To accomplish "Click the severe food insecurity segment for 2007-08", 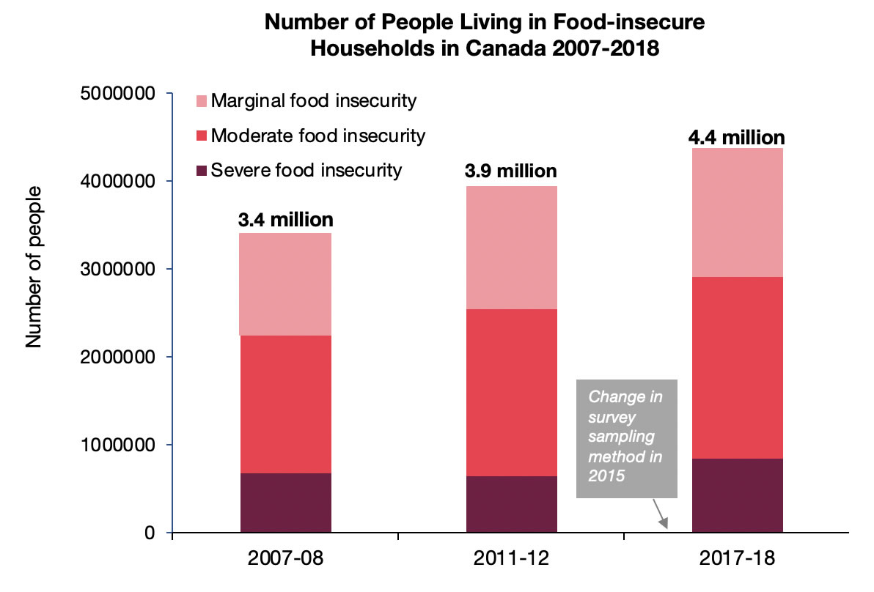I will click(x=285, y=503).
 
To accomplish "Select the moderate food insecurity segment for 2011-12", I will click(x=511, y=393).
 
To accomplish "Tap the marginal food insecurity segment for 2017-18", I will click(x=737, y=212).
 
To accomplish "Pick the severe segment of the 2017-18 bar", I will click(x=737, y=495).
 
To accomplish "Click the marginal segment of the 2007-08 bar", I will click(x=285, y=284).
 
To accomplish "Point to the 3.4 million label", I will click(x=285, y=219).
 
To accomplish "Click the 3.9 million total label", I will click(x=511, y=171).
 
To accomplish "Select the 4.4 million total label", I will click(x=737, y=137).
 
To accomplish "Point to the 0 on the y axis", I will click(x=150, y=533).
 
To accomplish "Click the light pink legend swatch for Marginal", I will click(x=202, y=101).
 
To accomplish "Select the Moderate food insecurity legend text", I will click(x=317, y=136).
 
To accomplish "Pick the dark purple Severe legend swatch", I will click(x=202, y=171).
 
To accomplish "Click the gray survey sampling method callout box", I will click(x=626, y=438).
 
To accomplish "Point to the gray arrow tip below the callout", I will click(x=666, y=526).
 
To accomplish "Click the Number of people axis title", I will click(x=33, y=267).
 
